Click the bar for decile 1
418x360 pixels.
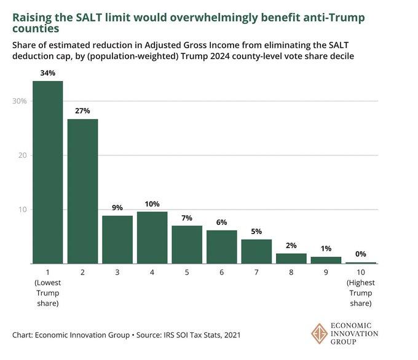coord(47,173)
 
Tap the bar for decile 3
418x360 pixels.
coord(117,240)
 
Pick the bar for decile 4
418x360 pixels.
coord(152,238)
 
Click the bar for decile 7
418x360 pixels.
coord(256,251)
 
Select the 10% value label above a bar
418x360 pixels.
coord(152,204)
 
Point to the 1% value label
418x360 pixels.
coord(326,249)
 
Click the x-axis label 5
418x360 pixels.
coord(187,271)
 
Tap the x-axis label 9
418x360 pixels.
coord(326,271)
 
